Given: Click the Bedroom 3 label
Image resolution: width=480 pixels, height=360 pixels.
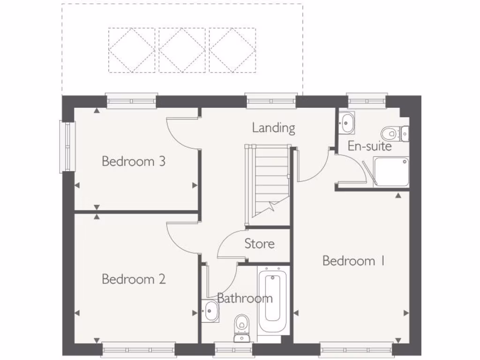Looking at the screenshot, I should (134, 162).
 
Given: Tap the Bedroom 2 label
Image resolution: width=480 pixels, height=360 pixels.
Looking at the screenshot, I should (134, 279).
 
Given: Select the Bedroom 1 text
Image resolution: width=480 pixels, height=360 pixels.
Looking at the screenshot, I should (353, 261).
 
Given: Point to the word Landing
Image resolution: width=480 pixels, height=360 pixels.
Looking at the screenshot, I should (274, 127).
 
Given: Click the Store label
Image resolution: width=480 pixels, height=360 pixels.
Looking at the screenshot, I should (259, 244).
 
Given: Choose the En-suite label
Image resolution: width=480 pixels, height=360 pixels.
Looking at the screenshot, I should (369, 146).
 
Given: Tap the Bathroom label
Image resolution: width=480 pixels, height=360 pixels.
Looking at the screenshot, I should (245, 298).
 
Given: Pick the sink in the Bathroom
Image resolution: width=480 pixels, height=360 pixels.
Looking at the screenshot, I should (210, 311).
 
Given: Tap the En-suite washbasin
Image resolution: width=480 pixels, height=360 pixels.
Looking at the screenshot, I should (346, 122).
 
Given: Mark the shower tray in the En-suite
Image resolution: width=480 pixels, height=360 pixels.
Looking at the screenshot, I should (392, 172).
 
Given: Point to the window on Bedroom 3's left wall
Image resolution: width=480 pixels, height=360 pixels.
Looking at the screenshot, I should (67, 147).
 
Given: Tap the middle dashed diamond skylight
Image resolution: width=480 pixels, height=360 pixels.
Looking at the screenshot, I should (182, 50).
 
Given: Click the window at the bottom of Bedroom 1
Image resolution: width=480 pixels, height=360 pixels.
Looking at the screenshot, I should (356, 349).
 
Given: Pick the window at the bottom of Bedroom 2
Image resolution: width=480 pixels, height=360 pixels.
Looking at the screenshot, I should (138, 349).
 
